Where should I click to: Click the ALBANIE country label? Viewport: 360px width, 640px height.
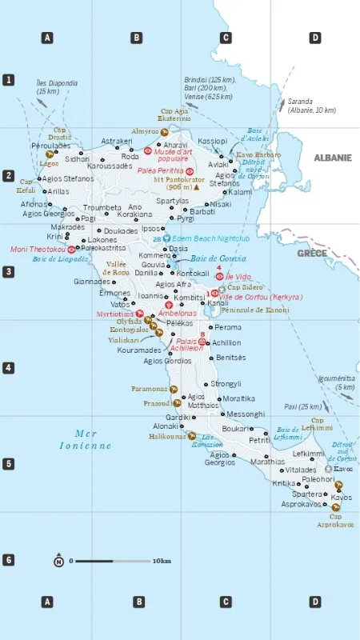coord(332,158)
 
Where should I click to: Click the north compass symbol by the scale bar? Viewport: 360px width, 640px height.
coord(58,561)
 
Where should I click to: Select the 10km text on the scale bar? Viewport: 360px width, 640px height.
coord(162,561)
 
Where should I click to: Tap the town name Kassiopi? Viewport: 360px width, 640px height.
coord(213,140)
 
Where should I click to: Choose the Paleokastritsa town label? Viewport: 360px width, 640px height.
coord(103,248)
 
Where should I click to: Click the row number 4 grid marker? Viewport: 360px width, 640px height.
coord(9,368)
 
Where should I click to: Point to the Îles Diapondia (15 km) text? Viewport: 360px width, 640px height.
coord(57,87)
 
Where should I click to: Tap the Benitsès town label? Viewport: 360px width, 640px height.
coord(231,357)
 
